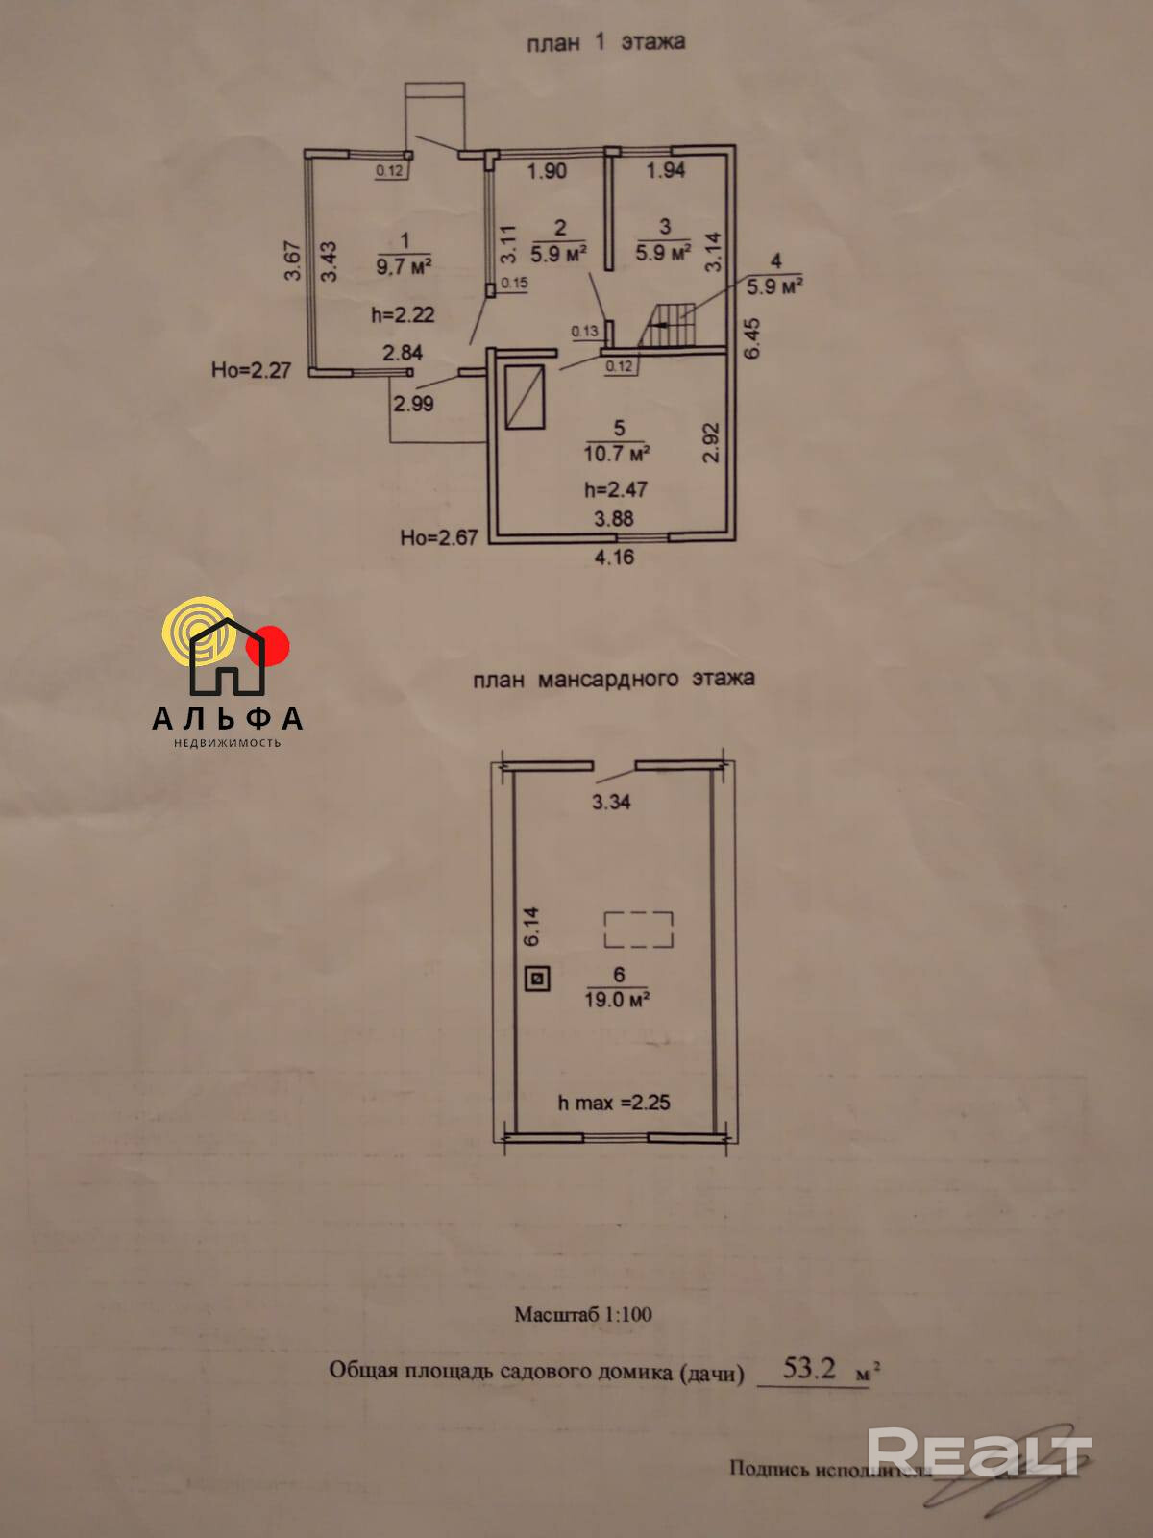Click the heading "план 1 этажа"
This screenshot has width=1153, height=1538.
click(605, 43)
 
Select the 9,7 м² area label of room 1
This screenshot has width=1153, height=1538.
click(404, 265)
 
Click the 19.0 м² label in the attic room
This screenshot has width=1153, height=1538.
click(618, 1000)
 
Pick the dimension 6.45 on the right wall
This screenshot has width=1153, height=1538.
click(752, 338)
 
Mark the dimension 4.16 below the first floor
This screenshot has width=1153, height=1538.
click(614, 557)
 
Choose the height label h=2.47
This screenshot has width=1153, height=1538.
click(616, 489)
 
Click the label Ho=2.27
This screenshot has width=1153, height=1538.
click(251, 370)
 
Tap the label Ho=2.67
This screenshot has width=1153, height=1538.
click(439, 537)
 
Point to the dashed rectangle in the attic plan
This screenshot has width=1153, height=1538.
click(638, 930)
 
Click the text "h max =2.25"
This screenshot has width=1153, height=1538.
click(614, 1103)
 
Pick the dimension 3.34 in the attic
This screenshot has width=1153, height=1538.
click(611, 802)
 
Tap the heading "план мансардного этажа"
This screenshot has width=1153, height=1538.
click(613, 679)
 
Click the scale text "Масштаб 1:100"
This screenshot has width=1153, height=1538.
click(582, 1314)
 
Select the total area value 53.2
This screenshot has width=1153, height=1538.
click(809, 1368)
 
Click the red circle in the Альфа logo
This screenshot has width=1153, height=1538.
click(268, 646)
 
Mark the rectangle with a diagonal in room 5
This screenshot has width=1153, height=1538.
click(526, 396)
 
